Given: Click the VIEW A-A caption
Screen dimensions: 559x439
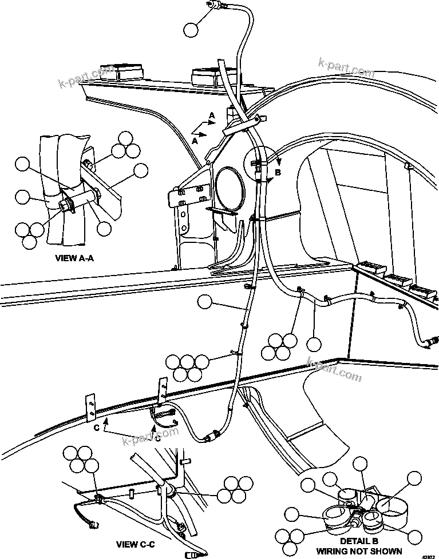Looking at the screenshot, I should click(74, 258).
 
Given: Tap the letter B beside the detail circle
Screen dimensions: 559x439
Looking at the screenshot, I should click(278, 171).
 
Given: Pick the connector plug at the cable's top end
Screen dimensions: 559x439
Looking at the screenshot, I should click(216, 5).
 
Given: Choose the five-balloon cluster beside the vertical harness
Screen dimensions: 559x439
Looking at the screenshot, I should click(187, 367).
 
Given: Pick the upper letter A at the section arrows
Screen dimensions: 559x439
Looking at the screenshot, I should click(212, 116).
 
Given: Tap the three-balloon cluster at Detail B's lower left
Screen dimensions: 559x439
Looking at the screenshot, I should click(289, 536).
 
